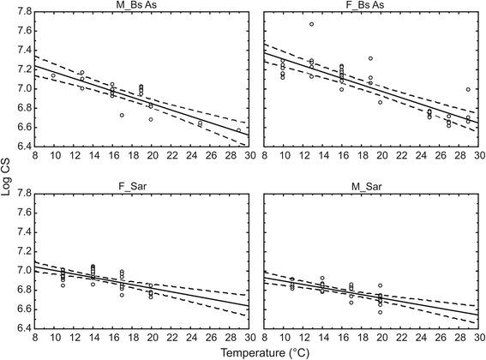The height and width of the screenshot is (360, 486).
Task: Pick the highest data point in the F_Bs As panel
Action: (x=311, y=24)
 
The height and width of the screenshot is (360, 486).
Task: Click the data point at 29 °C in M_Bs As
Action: (x=238, y=130)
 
